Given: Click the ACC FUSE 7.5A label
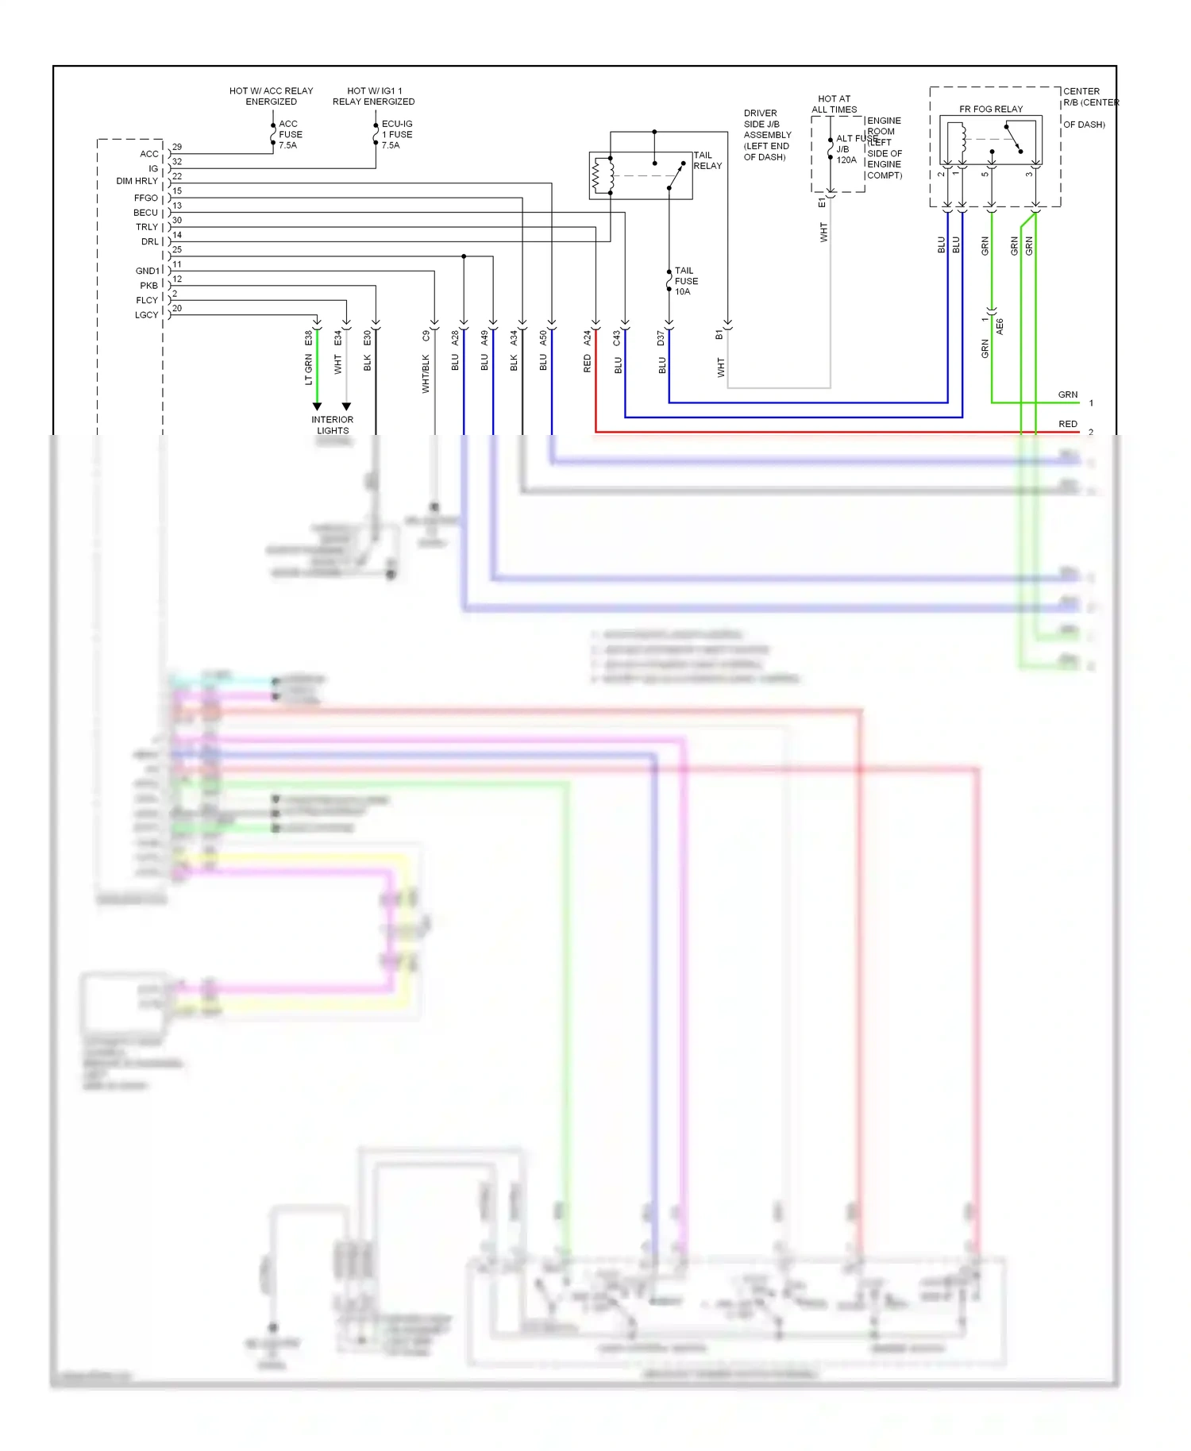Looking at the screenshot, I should [x=290, y=135].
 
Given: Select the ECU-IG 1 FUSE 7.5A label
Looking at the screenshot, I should [x=396, y=135].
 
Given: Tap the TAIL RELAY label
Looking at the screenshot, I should [x=707, y=160].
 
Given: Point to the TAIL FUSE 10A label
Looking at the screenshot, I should [x=686, y=281].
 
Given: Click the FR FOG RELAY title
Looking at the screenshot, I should [x=990, y=109].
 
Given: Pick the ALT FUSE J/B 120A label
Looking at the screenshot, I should [x=846, y=149].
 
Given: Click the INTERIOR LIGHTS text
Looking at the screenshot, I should [x=332, y=425].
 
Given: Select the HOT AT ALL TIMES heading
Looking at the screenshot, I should [x=834, y=104].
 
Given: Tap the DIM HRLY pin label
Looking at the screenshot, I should [x=137, y=181].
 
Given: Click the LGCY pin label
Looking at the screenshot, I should [x=146, y=315].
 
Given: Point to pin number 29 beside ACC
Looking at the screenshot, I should [x=177, y=147].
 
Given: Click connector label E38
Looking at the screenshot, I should [x=309, y=338].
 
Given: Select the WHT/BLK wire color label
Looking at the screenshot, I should [x=426, y=374].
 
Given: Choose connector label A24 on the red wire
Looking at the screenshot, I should [x=588, y=338].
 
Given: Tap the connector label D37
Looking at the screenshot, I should [x=661, y=339].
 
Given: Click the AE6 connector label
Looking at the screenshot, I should [x=1000, y=327].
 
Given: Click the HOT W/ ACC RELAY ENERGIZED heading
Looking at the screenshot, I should [x=271, y=96].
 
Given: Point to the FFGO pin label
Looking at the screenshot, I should [x=145, y=198].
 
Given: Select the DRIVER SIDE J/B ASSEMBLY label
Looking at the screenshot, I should [x=766, y=135].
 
